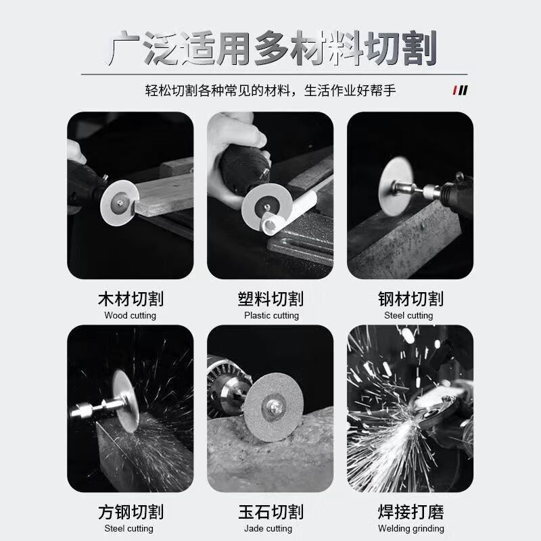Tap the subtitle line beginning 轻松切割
click(x=270, y=90)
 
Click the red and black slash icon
click(x=461, y=90)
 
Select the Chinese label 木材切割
click(x=131, y=299)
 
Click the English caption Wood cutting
click(x=131, y=316)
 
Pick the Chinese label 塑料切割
click(x=270, y=299)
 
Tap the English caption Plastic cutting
click(x=270, y=316)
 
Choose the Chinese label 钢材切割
click(x=410, y=299)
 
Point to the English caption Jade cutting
click(x=270, y=529)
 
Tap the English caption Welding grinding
click(x=410, y=529)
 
